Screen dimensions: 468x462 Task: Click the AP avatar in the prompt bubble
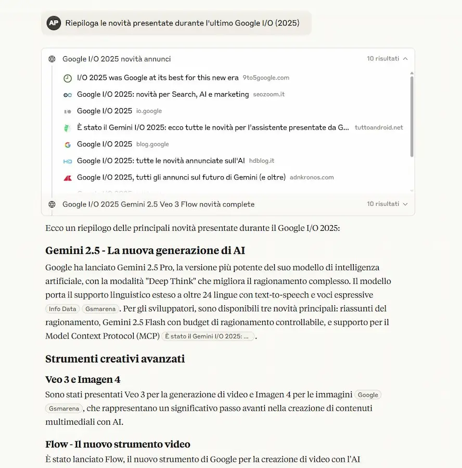[x=54, y=23]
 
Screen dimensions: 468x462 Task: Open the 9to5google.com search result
[x=158, y=78]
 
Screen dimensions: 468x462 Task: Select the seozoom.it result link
[x=163, y=95]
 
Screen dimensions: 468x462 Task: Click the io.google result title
[x=105, y=111]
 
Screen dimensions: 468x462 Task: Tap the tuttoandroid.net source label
[x=378, y=127]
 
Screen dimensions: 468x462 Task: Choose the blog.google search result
[x=105, y=144]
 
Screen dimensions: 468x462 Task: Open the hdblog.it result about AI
[x=161, y=161]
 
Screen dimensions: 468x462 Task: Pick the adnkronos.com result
[x=181, y=177]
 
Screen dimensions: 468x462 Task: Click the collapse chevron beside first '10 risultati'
[x=405, y=59]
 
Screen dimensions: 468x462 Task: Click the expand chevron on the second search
[x=405, y=204]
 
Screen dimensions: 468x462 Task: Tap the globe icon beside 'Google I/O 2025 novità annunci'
[x=52, y=59]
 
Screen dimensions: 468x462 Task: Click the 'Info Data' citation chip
[x=62, y=309]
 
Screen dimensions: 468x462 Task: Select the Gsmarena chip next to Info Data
[x=99, y=309]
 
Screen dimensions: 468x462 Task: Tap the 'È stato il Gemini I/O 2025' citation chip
[x=208, y=336]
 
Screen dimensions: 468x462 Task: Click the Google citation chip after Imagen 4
[x=368, y=395]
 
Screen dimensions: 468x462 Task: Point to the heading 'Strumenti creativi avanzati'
[x=114, y=359]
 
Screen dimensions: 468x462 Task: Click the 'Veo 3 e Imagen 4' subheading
[x=83, y=379]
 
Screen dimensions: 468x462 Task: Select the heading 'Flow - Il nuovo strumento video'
[x=118, y=444]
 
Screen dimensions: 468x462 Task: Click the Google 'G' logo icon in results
[x=68, y=145]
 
